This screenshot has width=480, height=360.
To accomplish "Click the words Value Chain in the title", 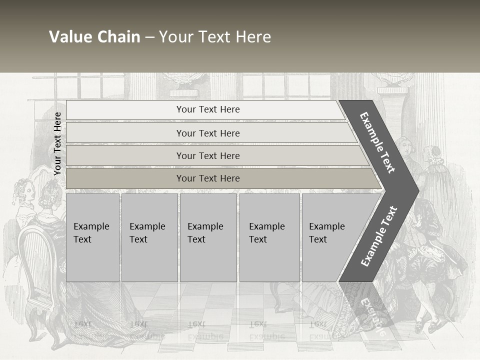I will point(94,37).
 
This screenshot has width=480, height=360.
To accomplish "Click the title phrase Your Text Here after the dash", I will point(215,37).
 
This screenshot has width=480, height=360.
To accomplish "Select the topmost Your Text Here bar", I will point(208,109).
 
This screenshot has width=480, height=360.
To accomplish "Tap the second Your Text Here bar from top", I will point(208,133).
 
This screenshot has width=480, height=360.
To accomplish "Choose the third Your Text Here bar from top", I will point(208,155).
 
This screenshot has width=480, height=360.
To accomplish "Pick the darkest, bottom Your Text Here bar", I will point(208,178).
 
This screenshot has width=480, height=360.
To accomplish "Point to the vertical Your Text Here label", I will point(57,143).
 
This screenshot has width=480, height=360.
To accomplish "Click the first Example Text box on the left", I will point(92,237).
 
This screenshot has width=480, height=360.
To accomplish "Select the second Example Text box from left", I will point(149,237).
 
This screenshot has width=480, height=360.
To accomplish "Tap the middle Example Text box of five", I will point(208,237).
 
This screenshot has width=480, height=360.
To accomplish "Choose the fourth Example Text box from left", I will point(269,237).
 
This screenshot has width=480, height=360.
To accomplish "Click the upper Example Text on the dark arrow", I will point(377,142).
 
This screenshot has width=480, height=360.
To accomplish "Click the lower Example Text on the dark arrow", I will point(378,236).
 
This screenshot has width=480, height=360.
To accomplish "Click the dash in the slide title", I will point(149,37).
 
